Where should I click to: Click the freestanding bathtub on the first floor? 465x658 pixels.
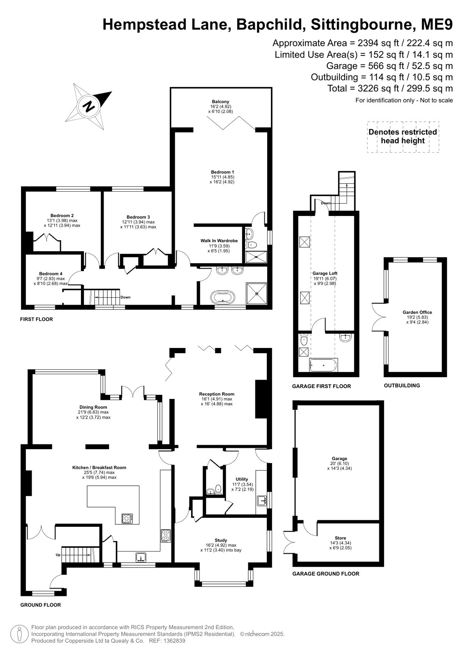tap(223, 297)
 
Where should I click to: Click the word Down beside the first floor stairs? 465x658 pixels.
tap(125, 297)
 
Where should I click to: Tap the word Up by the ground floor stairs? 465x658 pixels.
tap(58, 555)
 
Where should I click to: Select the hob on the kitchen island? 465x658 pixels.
tap(127, 518)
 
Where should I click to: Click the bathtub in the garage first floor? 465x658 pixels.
tap(324, 365)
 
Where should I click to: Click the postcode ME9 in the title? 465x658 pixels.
tap(437, 24)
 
